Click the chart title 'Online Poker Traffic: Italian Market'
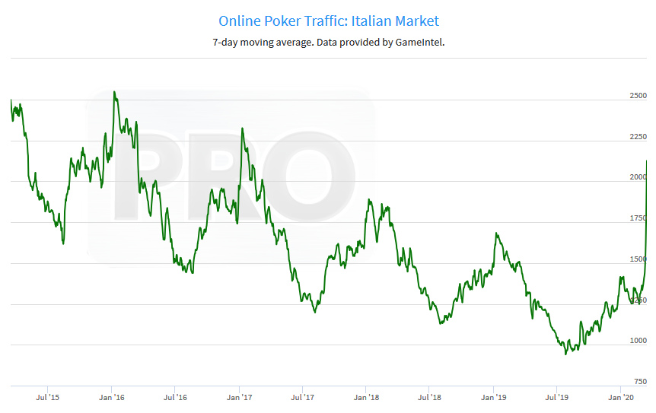tap(328, 21)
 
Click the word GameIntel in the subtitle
tap(418, 43)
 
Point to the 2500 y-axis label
tap(638, 96)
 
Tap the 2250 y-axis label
tap(638, 137)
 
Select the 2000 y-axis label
tap(638, 177)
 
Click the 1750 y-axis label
tap(638, 218)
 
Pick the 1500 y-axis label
tap(638, 259)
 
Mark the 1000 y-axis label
tap(638, 341)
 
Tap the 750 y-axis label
tap(639, 382)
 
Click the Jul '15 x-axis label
tap(48, 397)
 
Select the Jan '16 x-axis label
tap(112, 397)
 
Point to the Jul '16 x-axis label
tap(176, 397)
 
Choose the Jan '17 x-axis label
tap(240, 397)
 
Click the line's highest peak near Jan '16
tap(114, 92)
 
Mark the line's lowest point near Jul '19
tap(565, 354)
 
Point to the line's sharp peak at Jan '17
tap(242, 129)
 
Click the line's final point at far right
tap(647, 161)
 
